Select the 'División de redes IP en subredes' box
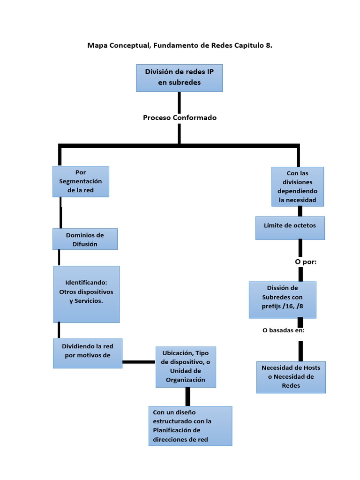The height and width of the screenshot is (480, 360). click(179, 78)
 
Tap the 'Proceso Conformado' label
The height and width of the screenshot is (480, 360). click(180, 118)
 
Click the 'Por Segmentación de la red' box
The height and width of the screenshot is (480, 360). click(81, 181)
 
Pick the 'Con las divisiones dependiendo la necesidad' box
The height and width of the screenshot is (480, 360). click(298, 187)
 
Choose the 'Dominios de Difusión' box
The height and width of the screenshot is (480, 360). click(85, 239)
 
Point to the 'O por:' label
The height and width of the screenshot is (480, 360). click(306, 262)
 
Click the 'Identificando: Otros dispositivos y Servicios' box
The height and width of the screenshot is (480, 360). click(86, 294)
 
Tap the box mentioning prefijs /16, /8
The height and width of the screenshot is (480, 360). click(282, 299)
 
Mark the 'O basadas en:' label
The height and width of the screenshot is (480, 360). click(284, 330)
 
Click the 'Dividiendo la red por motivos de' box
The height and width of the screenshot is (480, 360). click(88, 353)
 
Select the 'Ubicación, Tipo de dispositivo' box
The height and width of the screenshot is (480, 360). click(186, 367)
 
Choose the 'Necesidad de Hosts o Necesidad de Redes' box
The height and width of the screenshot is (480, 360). click(291, 377)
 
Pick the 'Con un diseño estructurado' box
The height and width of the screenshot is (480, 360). click(190, 426)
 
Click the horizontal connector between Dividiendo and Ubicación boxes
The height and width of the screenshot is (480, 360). click(139, 362)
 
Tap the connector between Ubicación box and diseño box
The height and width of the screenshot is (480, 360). click(187, 397)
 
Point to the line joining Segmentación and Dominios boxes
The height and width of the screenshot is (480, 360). click(60, 212)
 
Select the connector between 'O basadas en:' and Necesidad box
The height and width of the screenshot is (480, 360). click(300, 350)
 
